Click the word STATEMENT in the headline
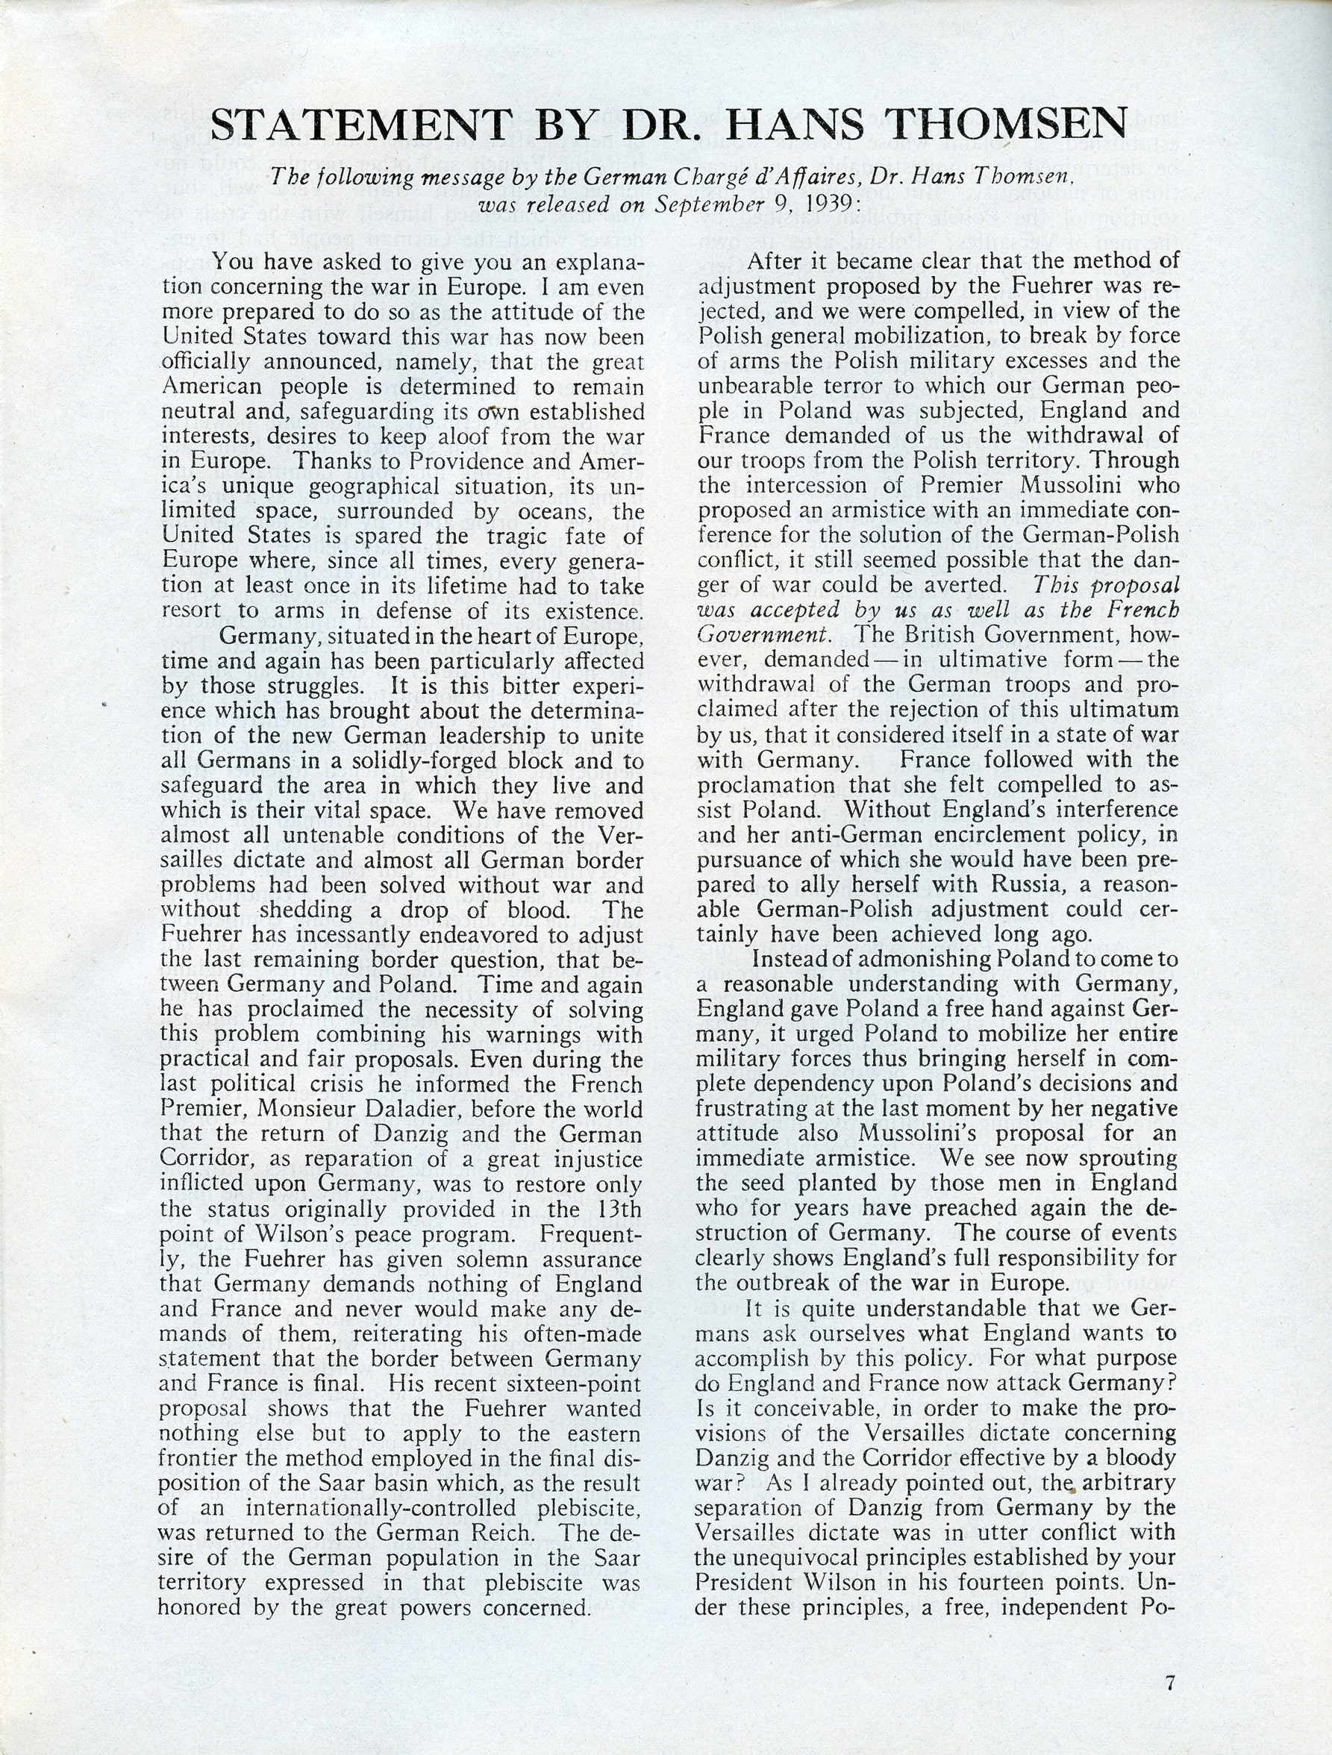coord(361,125)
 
